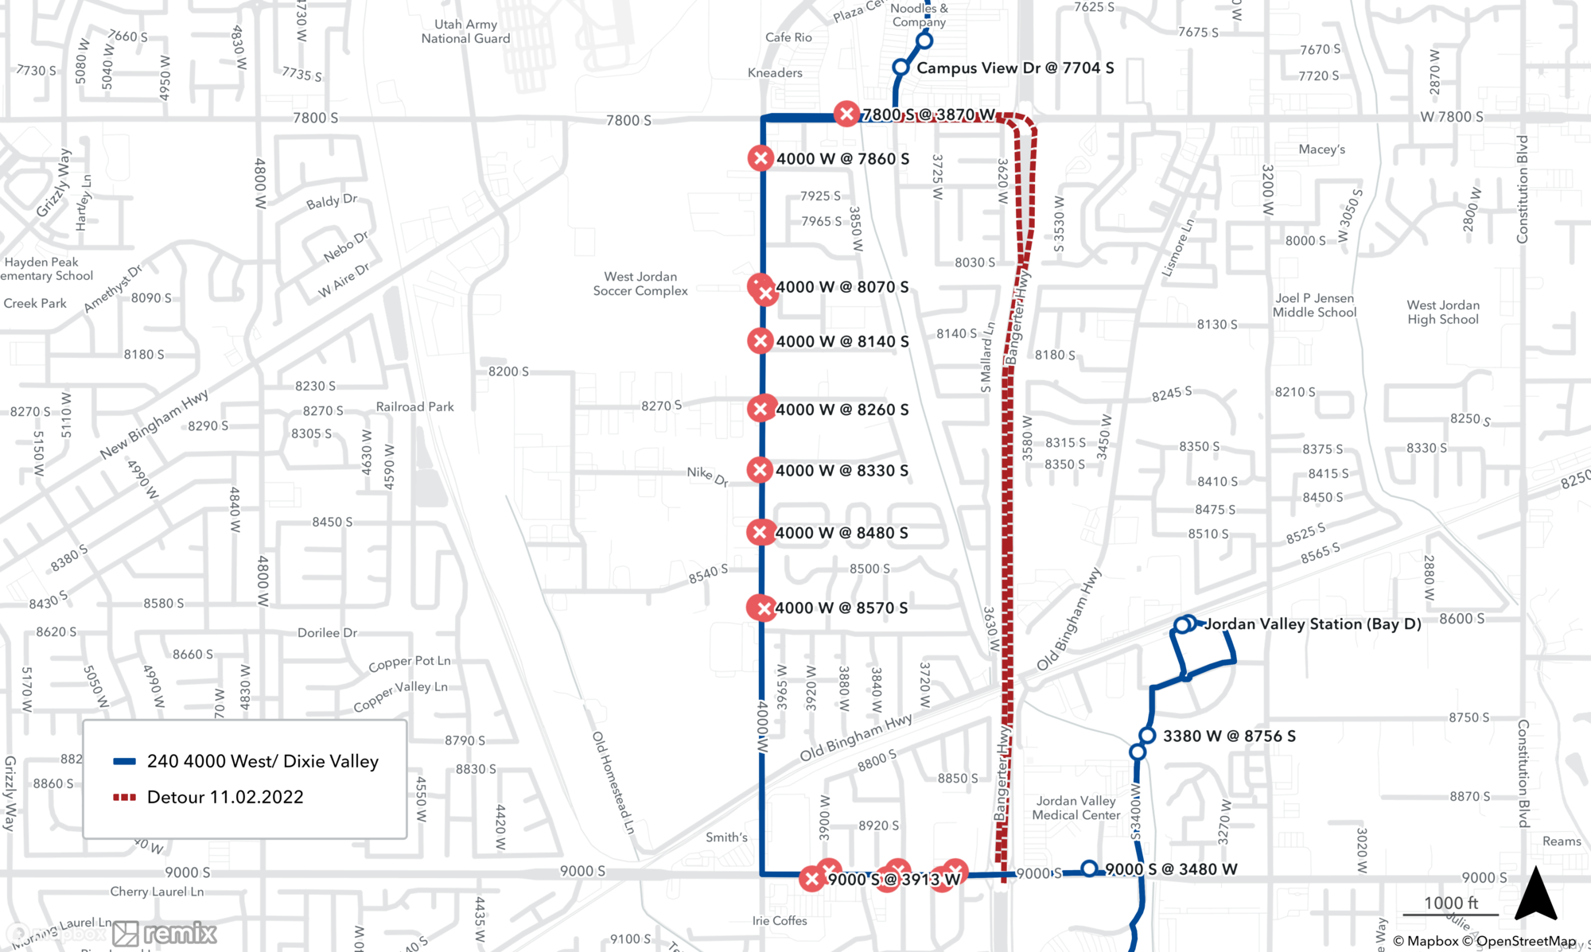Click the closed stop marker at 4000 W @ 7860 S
[760, 158]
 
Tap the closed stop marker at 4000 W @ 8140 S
[760, 341]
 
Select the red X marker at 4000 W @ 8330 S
[760, 470]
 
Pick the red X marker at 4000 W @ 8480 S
[760, 532]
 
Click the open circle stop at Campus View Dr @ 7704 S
[901, 68]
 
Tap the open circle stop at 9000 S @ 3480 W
[1089, 868]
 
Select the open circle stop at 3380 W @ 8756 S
[1146, 736]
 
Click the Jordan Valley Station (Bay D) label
[1313, 624]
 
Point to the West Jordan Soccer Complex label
[640, 284]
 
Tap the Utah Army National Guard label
[465, 32]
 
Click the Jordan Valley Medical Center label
[1076, 808]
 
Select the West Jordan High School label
[1442, 313]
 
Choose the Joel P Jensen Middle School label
[1314, 305]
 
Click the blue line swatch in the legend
[125, 762]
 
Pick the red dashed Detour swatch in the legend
[125, 798]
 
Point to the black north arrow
[1535, 895]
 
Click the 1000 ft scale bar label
[1450, 903]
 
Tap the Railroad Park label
[414, 407]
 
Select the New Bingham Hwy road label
[154, 424]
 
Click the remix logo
[165, 934]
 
